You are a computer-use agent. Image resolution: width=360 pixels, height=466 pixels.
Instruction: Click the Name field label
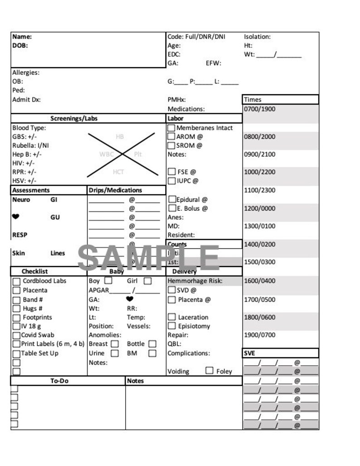click(x=22, y=37)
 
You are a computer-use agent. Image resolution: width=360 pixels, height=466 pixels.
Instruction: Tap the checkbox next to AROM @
click(x=171, y=136)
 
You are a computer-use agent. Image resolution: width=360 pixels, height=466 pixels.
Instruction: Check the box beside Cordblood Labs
click(x=16, y=282)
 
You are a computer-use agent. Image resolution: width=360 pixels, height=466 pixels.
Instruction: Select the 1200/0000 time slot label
click(x=259, y=208)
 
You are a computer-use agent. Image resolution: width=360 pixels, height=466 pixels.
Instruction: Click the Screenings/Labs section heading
click(x=74, y=118)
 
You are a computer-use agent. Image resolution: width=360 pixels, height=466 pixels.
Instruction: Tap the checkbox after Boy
click(x=108, y=281)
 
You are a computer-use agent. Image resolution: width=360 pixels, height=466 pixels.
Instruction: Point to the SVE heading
click(x=250, y=353)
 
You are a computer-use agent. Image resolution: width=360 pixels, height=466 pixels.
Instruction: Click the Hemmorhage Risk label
click(x=195, y=281)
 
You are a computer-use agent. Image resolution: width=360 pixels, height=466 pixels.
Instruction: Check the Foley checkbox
click(x=209, y=371)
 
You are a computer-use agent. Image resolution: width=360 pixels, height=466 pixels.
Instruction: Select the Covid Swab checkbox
click(x=16, y=335)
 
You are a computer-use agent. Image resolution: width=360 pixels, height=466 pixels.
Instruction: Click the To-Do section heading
click(x=59, y=381)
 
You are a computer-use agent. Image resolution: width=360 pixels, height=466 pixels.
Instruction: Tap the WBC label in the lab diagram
click(x=107, y=154)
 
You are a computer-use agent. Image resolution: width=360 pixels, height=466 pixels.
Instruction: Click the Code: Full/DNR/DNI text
click(x=196, y=37)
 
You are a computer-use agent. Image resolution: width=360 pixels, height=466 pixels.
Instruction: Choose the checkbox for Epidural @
click(x=172, y=199)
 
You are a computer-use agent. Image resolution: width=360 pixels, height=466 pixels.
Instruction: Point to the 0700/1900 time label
click(x=259, y=109)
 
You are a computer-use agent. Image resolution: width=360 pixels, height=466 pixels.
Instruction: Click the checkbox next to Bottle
click(x=152, y=344)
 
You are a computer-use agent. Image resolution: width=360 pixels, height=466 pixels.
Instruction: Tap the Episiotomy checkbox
click(x=171, y=326)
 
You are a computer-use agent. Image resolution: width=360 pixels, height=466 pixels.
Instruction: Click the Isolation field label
click(x=257, y=37)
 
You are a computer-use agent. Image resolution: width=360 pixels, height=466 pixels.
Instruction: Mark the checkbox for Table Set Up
click(x=16, y=354)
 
